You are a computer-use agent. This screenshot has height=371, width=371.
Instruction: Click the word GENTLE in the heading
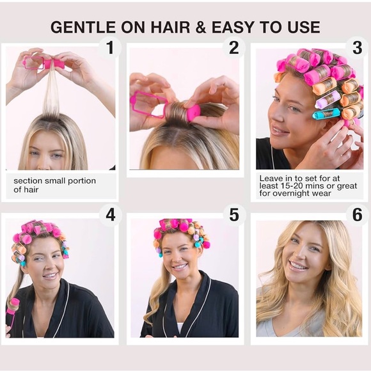coord(83,27)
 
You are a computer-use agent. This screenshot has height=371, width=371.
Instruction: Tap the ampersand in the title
coord(201,27)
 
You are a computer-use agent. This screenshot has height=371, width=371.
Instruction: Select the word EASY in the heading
coord(233,27)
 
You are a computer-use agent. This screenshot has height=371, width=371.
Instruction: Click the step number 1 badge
coord(110,47)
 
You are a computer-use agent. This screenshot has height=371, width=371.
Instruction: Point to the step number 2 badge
coord(233,47)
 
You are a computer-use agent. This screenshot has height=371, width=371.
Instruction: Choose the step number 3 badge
coord(358,47)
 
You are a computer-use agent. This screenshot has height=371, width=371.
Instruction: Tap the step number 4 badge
coord(111,215)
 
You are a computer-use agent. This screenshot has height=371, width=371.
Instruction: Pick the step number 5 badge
coord(234,215)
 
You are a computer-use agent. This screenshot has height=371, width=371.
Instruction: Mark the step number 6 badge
coord(358,215)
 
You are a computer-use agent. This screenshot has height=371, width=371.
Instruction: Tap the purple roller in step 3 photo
coord(326,102)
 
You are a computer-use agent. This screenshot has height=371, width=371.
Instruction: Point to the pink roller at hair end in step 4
coord(13,307)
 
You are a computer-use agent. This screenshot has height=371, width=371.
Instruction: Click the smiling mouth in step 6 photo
coord(298,266)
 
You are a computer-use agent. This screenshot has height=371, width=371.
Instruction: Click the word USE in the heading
coord(304,27)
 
